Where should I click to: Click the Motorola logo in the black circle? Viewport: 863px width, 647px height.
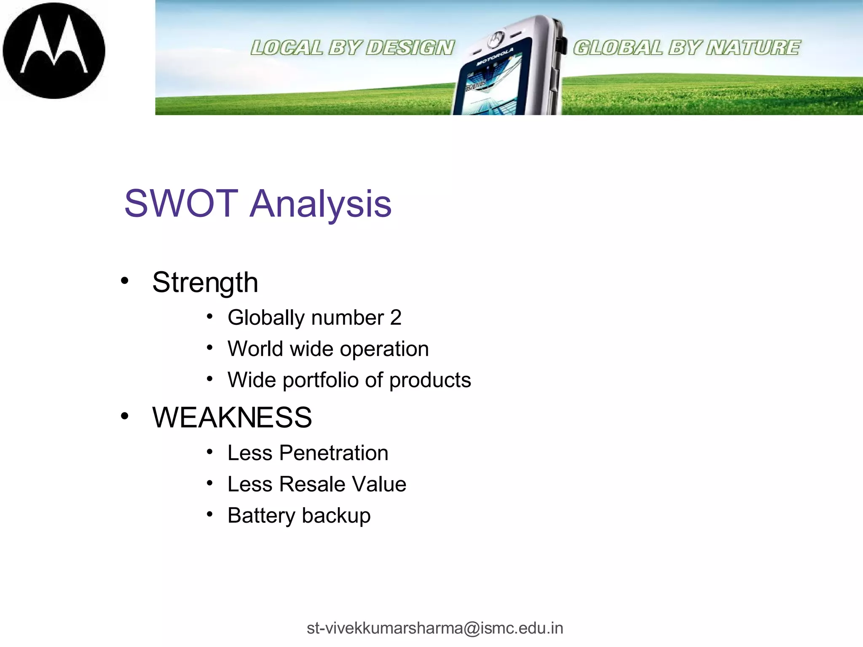tap(54, 51)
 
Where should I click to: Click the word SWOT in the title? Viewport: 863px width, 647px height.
tap(181, 204)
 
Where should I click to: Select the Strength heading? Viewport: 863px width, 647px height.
tap(205, 283)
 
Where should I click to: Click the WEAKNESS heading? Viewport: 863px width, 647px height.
tap(232, 418)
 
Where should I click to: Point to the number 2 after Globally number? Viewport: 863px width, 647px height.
tap(396, 318)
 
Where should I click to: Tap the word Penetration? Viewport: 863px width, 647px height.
tap(333, 453)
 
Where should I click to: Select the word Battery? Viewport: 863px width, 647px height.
tap(261, 516)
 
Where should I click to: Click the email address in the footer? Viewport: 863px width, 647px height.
tap(434, 628)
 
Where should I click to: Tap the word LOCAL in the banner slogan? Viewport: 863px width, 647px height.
tap(287, 48)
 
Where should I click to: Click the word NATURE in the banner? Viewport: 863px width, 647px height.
tap(753, 48)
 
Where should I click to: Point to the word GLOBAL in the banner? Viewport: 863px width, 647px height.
tap(617, 48)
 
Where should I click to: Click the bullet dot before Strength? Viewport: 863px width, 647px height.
tap(124, 281)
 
